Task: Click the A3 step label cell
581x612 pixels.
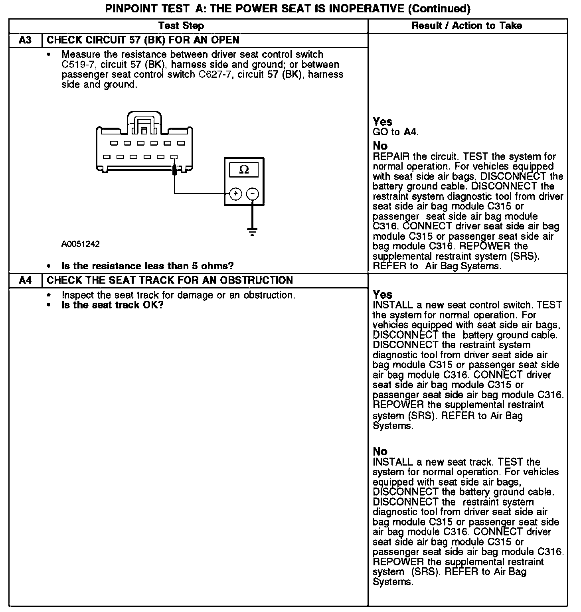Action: click(x=25, y=40)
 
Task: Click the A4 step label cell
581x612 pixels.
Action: click(x=25, y=280)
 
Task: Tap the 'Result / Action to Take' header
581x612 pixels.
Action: click(x=466, y=26)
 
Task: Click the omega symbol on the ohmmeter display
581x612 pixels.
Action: click(x=244, y=170)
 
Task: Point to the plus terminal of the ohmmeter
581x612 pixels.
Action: click(x=235, y=194)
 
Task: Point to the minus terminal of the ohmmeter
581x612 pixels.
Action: click(x=252, y=194)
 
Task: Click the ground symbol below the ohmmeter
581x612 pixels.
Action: click(x=252, y=231)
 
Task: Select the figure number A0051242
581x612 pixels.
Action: click(x=80, y=244)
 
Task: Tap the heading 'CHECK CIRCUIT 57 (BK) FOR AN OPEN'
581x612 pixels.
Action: click(x=143, y=40)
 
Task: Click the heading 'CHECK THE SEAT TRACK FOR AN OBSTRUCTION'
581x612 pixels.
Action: click(x=170, y=280)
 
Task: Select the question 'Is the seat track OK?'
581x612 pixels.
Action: click(x=113, y=305)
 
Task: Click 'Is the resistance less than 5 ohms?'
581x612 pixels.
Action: click(x=147, y=266)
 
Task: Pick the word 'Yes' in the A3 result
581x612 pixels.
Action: click(x=382, y=122)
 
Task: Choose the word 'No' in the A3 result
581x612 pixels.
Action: click(x=380, y=146)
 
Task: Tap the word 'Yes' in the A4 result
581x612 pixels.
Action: click(x=382, y=295)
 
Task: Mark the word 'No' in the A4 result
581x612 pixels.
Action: click(x=380, y=452)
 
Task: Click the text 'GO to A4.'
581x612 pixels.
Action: click(x=395, y=132)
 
